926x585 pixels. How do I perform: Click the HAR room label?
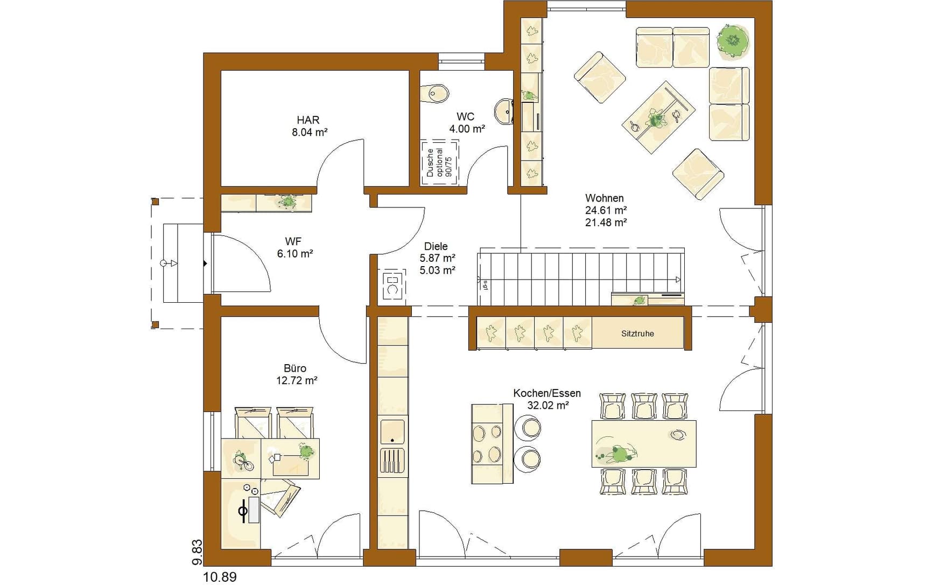click(x=308, y=120)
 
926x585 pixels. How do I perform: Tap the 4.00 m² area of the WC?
click(x=467, y=129)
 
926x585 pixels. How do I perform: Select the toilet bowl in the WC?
click(x=438, y=93)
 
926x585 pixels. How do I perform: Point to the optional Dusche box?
click(x=440, y=163)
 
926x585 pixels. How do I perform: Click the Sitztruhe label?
click(x=637, y=333)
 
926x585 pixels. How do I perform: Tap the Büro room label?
click(x=295, y=368)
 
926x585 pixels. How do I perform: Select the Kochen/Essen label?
click(x=547, y=393)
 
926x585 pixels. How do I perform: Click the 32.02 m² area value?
click(x=548, y=406)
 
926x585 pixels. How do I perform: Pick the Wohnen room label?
click(x=605, y=198)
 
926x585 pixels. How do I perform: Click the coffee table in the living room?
click(x=658, y=117)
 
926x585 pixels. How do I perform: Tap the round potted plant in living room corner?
click(x=733, y=39)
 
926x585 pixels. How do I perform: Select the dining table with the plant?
click(x=644, y=443)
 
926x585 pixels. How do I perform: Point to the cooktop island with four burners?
click(x=492, y=444)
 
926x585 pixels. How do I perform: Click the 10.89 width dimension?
click(x=220, y=577)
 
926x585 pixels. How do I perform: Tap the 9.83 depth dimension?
click(x=197, y=553)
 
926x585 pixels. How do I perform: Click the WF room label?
click(x=293, y=241)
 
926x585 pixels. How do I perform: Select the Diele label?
click(x=436, y=246)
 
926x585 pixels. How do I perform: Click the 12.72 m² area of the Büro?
click(x=297, y=381)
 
